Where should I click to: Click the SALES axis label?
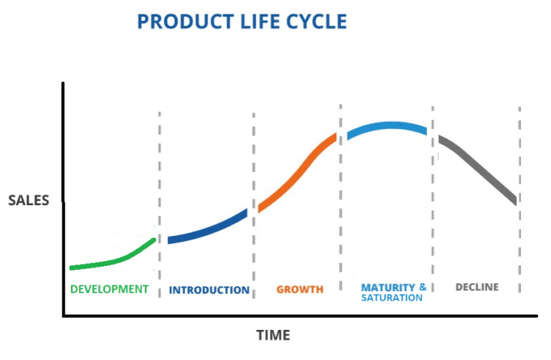pyautogui.click(x=29, y=200)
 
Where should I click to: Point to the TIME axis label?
pyautogui.click(x=273, y=335)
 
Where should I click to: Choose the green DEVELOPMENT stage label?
pyautogui.click(x=109, y=289)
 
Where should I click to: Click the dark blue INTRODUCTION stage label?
pyautogui.click(x=209, y=290)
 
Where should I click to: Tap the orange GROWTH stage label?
pyautogui.click(x=300, y=290)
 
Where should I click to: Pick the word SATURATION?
pyautogui.click(x=392, y=298)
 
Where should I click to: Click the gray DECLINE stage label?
pyautogui.click(x=477, y=287)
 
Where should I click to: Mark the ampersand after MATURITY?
pyautogui.click(x=423, y=287)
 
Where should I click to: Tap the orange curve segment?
pyautogui.click(x=298, y=174)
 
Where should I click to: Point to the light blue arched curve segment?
pyautogui.click(x=387, y=126)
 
